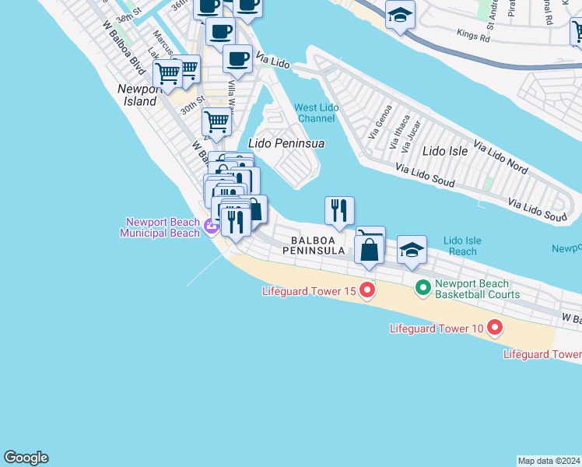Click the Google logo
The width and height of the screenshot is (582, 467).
[x=26, y=458]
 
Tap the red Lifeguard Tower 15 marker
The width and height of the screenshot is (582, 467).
[x=366, y=291]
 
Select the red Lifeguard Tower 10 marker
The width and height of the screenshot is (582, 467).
[x=494, y=328]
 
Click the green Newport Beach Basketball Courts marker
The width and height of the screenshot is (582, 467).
[x=423, y=289]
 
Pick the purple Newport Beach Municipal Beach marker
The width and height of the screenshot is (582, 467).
[x=211, y=227]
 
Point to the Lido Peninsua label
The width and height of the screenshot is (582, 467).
[x=286, y=143]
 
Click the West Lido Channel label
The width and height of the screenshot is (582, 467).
[x=315, y=113]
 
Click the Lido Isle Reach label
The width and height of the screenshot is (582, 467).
[x=463, y=246]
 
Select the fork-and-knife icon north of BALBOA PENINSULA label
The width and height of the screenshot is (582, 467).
[x=339, y=210]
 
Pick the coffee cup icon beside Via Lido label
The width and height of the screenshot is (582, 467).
[x=237, y=59]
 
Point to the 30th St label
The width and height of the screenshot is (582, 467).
[x=191, y=104]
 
